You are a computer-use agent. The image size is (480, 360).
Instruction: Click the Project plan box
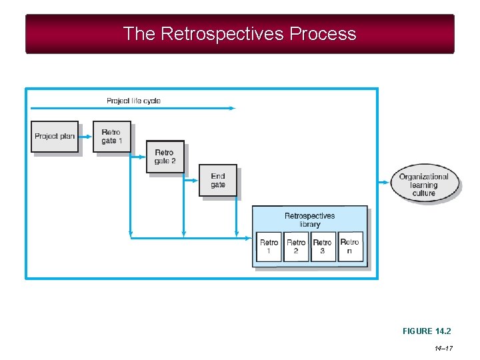pos(55,137)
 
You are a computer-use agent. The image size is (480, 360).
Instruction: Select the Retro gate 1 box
pos(111,137)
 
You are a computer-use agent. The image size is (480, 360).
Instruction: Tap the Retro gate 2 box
pos(165,157)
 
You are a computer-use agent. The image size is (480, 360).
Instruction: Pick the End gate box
pos(218,180)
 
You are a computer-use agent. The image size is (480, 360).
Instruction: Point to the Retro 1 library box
pos(269,247)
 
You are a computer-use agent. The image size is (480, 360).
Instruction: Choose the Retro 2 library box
pos(296,247)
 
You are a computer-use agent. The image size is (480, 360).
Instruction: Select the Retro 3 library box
pos(323,247)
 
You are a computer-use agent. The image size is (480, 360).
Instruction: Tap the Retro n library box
pos(350,247)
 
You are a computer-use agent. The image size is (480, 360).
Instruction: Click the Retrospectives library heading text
pos(309,220)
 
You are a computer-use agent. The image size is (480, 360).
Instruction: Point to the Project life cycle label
pos(133,101)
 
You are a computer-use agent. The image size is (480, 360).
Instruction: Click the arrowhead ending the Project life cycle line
pos(233,108)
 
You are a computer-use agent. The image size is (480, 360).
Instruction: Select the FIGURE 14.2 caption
pos(427,331)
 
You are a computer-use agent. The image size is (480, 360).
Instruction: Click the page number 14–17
pos(443,348)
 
